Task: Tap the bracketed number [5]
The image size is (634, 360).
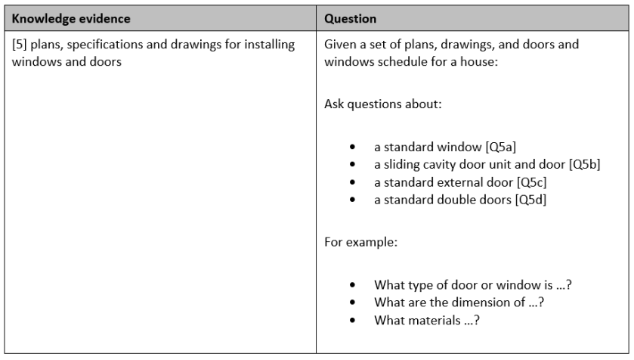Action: (20, 45)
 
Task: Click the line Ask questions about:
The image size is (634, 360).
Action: (371, 104)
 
